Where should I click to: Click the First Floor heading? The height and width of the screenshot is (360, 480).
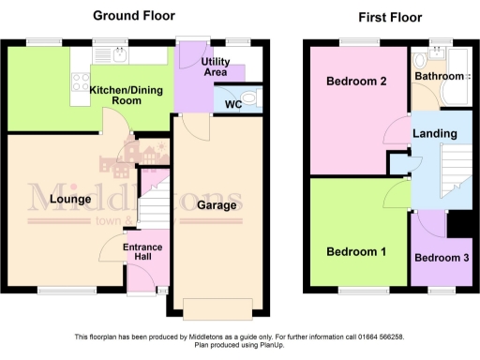[391, 17]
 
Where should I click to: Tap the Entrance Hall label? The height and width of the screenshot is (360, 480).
[142, 253]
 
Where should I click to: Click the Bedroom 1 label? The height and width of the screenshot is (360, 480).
[355, 251]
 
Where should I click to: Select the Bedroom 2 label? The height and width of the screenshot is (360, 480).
[356, 82]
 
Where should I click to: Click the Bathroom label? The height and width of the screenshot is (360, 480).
[440, 75]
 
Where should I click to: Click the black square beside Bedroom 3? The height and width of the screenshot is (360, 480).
[458, 226]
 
